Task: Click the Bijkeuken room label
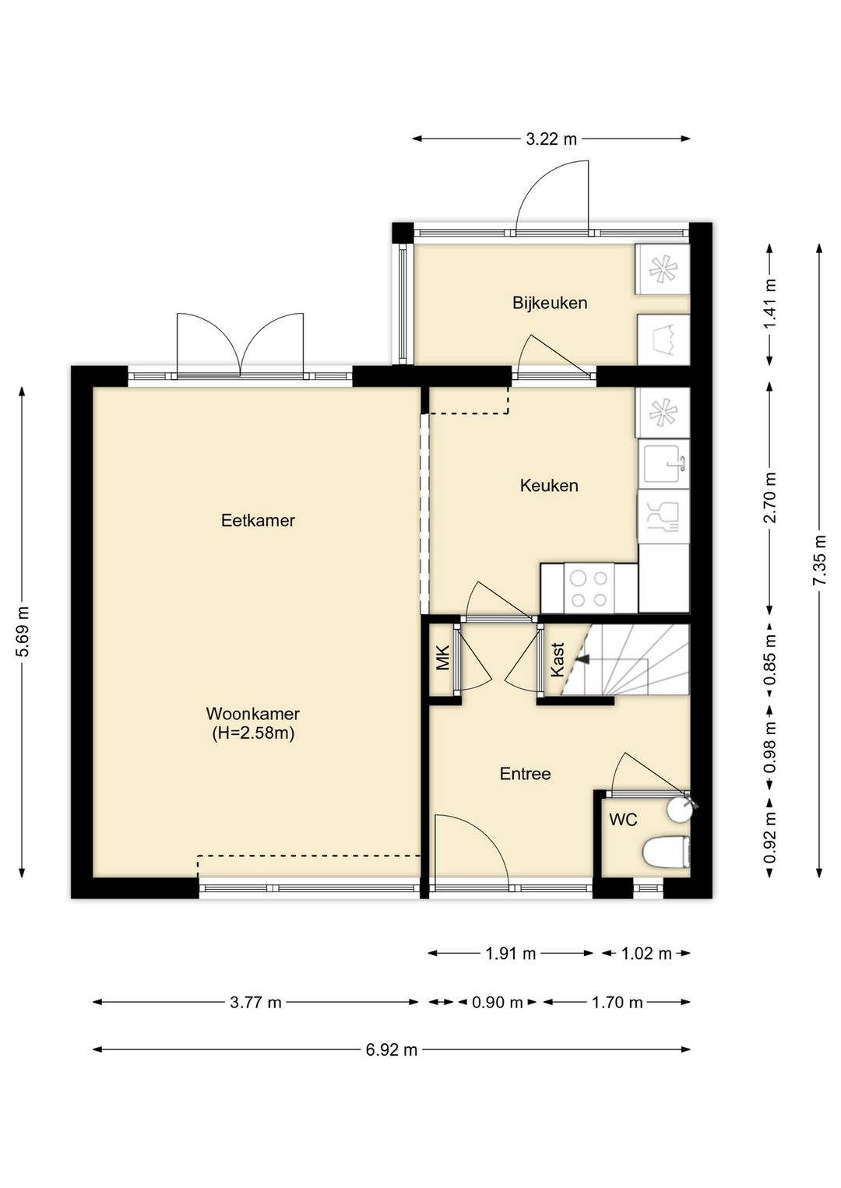pos(550,304)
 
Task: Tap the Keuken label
pos(549,486)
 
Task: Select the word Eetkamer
pos(258,521)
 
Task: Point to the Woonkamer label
pos(253,713)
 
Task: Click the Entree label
pos(526,774)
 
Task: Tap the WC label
pos(623,820)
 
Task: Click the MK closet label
pos(442,657)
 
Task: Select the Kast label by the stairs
pos(557,659)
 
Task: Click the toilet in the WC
pos(667,853)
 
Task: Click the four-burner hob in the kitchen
pos(589,589)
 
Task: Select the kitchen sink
pos(663,464)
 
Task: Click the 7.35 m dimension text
pos(820,560)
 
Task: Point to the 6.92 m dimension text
pos(392,1049)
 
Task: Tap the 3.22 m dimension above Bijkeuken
pos(551,139)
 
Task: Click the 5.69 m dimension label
pos(23,631)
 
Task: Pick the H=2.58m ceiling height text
pos(253,733)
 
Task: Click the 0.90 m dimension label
pos(497,1003)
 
